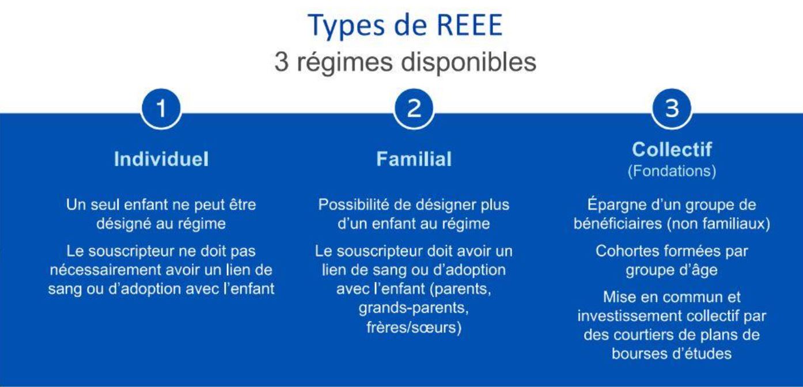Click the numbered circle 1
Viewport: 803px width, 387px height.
pyautogui.click(x=161, y=108)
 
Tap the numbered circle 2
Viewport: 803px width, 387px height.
pyautogui.click(x=414, y=108)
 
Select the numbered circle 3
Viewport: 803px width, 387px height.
pyautogui.click(x=672, y=108)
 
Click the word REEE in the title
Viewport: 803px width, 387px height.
pyautogui.click(x=469, y=25)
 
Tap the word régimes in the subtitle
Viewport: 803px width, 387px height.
pyautogui.click(x=344, y=62)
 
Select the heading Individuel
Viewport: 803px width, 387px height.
pyautogui.click(x=161, y=159)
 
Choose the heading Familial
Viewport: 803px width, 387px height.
pyautogui.click(x=414, y=159)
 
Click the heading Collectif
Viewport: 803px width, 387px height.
pyautogui.click(x=672, y=149)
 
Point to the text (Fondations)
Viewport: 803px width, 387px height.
pyautogui.click(x=672, y=171)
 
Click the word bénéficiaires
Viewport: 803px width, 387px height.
pyautogui.click(x=618, y=223)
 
